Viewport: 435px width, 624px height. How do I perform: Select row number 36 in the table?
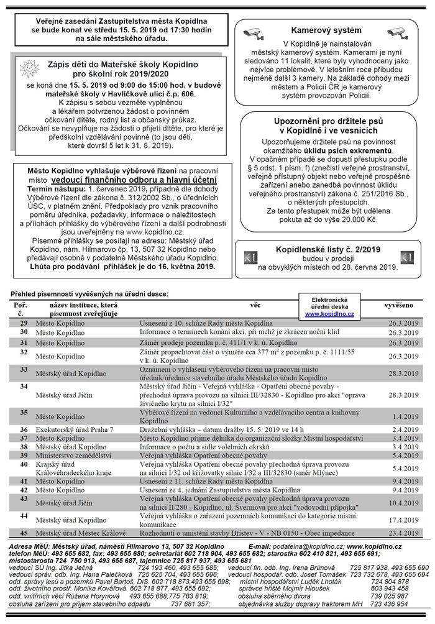pyautogui.click(x=24, y=429)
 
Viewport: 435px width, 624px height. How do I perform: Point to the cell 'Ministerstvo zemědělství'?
pyautogui.click(x=73, y=455)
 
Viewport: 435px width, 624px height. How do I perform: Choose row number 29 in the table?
pyautogui.click(x=24, y=323)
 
